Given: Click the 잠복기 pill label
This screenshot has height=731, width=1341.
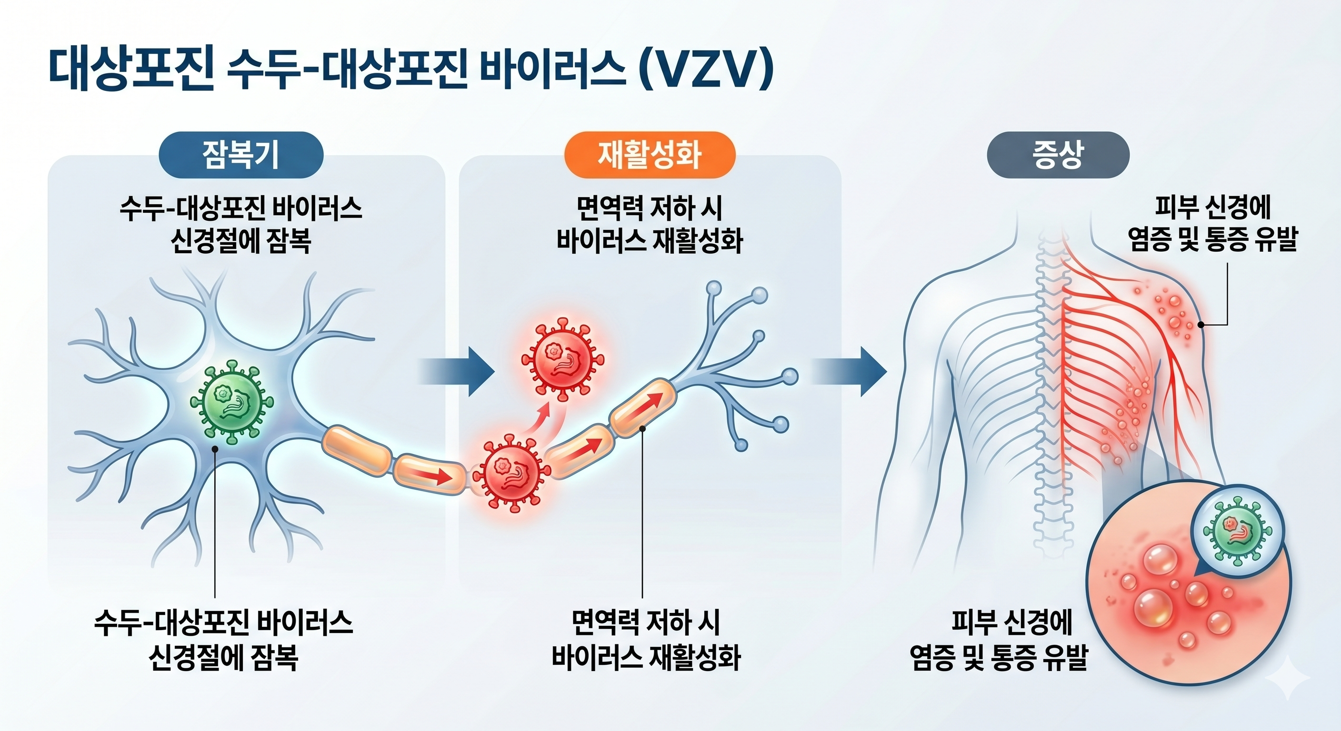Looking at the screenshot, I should pyautogui.click(x=240, y=155).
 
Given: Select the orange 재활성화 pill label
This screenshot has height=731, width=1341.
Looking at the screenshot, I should pyautogui.click(x=649, y=155).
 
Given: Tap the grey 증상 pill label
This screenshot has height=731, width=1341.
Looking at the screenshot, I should pyautogui.click(x=1058, y=155).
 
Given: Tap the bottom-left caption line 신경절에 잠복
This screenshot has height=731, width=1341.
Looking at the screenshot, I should pyautogui.click(x=223, y=658).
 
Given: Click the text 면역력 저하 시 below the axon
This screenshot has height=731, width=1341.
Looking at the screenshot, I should pyautogui.click(x=646, y=622).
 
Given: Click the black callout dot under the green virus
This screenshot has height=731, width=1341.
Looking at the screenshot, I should pyautogui.click(x=214, y=448).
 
